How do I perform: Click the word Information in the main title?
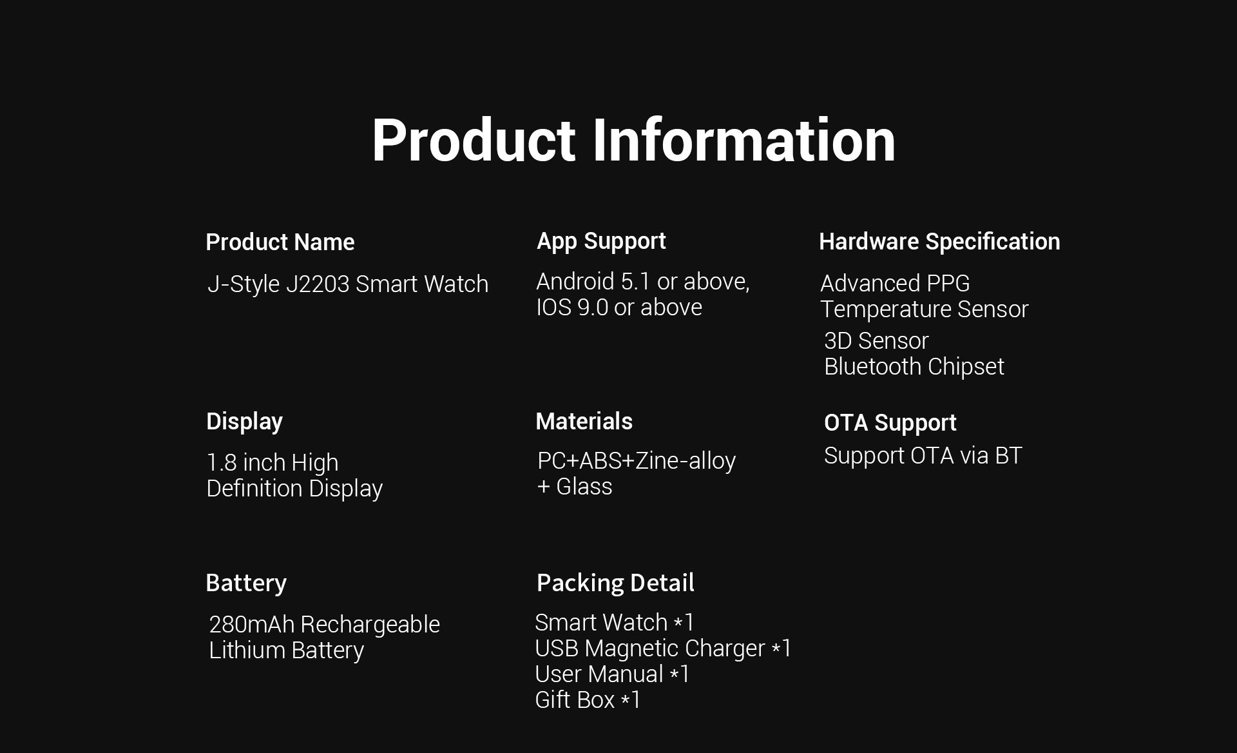pyautogui.click(x=743, y=140)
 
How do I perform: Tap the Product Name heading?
pyautogui.click(x=280, y=242)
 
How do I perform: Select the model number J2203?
pyautogui.click(x=318, y=284)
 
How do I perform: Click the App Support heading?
pyautogui.click(x=601, y=242)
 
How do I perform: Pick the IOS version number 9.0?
pyautogui.click(x=593, y=308)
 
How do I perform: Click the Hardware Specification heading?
pyautogui.click(x=939, y=242)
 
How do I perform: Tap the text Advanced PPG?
pyautogui.click(x=895, y=284)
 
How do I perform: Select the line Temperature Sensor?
pyautogui.click(x=925, y=309)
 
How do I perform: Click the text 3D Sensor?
pyautogui.click(x=876, y=341)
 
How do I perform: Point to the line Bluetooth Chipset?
pyautogui.click(x=914, y=367)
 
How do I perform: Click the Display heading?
pyautogui.click(x=244, y=422)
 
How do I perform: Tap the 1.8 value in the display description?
pyautogui.click(x=222, y=463)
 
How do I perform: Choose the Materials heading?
pyautogui.click(x=584, y=422)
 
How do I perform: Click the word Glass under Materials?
pyautogui.click(x=584, y=487)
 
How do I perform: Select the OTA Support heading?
pyautogui.click(x=890, y=424)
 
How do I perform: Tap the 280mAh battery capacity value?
pyautogui.click(x=252, y=625)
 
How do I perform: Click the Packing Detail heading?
pyautogui.click(x=615, y=583)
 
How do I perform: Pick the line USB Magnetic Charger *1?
pyautogui.click(x=663, y=649)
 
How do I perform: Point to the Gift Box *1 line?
pyautogui.click(x=588, y=700)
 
